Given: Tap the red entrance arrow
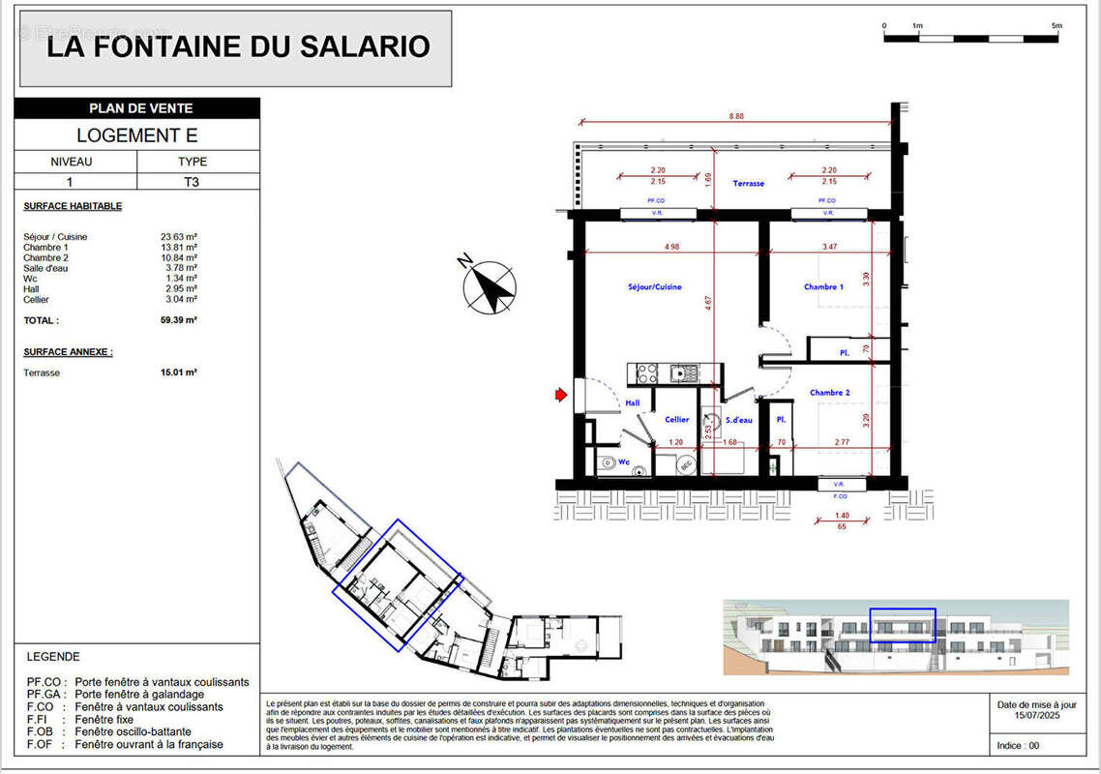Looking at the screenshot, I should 561,394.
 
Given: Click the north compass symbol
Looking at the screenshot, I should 491,286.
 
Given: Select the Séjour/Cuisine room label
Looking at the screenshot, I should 655,286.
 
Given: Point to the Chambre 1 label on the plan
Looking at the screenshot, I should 823,286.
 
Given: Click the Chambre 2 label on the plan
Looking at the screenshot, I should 829,392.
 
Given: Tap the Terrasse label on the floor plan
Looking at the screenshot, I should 748,183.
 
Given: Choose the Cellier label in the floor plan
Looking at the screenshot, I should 676,419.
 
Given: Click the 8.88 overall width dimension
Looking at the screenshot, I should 736,116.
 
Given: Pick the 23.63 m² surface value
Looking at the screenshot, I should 179,236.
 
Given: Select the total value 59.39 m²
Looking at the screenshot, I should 179,320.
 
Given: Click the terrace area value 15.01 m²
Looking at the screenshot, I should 179,372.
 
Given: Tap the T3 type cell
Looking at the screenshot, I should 192,181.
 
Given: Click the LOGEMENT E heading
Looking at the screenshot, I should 136,135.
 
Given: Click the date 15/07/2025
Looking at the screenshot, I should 1036,715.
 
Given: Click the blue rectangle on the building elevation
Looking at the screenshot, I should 902,626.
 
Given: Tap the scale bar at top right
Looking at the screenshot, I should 971,38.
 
